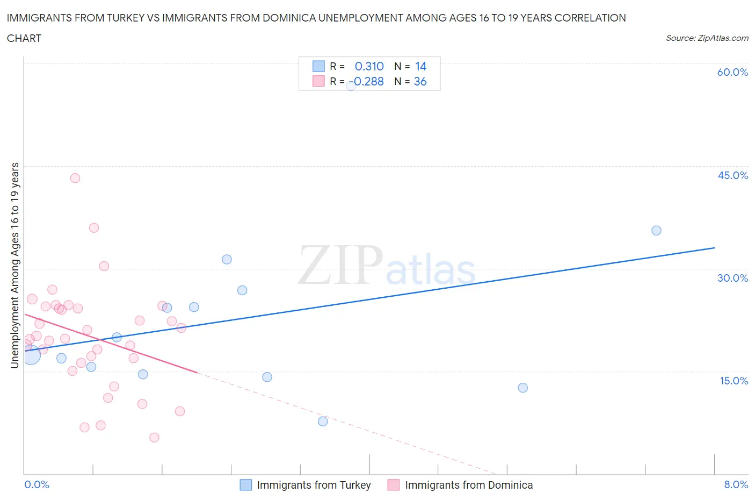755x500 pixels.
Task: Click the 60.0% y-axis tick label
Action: [x=732, y=72]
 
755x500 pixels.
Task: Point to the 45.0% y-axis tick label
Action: [x=732, y=175]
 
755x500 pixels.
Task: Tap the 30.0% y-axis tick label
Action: [x=732, y=278]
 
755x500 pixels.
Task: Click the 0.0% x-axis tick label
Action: [x=37, y=484]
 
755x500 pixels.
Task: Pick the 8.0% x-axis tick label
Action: [x=736, y=484]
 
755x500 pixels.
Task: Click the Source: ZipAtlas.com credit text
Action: [x=707, y=38]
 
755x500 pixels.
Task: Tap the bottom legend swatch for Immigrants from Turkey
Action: [x=245, y=485]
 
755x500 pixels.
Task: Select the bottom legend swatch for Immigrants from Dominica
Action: [x=394, y=485]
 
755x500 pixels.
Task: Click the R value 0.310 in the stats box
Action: [x=369, y=66]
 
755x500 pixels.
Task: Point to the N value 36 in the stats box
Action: [x=420, y=81]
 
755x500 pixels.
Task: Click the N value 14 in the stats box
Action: [x=420, y=66]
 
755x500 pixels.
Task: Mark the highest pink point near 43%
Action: [x=75, y=178]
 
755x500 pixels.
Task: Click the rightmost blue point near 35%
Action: [x=656, y=231]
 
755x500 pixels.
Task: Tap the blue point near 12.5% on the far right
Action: [x=522, y=388]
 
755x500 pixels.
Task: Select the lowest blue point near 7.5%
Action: [x=323, y=422]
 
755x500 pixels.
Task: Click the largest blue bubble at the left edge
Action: [x=31, y=355]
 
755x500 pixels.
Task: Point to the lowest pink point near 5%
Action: [x=154, y=438]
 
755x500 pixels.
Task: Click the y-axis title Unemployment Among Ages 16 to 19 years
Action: [x=14, y=266]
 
